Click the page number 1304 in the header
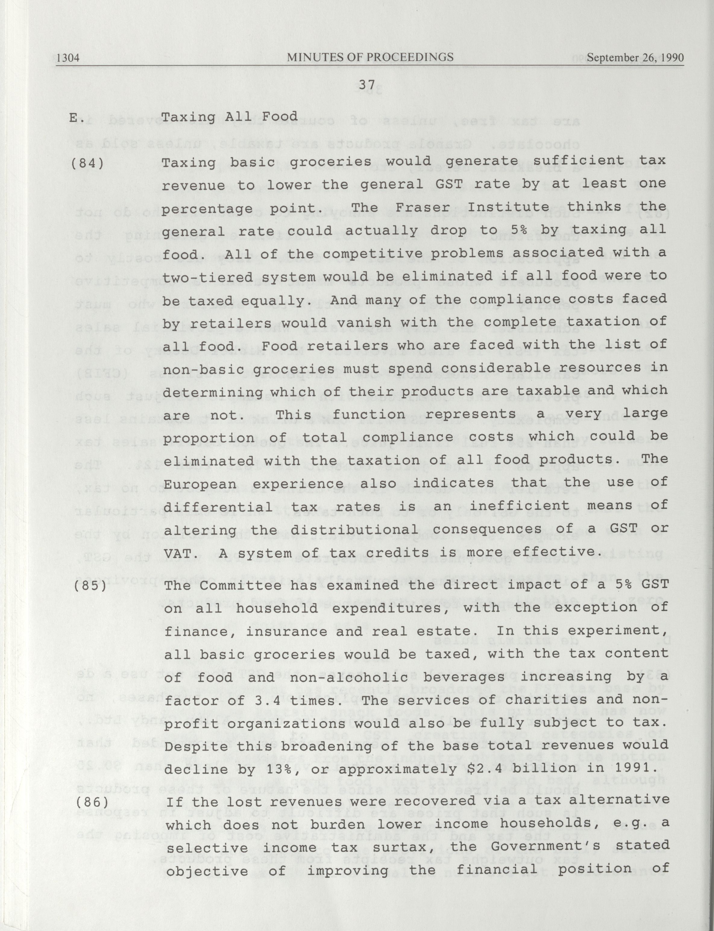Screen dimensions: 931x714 click(68, 57)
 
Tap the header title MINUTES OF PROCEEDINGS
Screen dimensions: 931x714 click(370, 57)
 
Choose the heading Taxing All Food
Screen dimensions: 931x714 click(230, 116)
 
